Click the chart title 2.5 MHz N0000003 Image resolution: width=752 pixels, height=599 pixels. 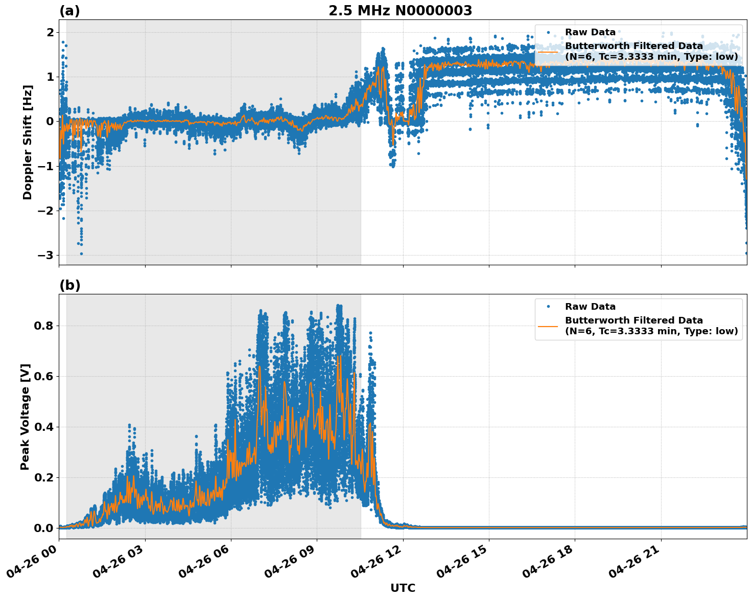click(x=400, y=11)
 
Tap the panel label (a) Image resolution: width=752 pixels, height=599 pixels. click(x=69, y=11)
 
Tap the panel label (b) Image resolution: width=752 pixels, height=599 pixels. click(x=69, y=285)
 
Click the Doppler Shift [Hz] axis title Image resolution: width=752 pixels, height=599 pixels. click(x=28, y=142)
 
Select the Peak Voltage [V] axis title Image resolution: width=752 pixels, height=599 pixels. click(x=25, y=417)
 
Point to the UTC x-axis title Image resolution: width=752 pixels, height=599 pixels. click(x=403, y=588)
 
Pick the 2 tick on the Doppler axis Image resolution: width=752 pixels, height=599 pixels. click(x=50, y=33)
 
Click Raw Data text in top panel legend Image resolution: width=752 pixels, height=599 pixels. click(x=590, y=32)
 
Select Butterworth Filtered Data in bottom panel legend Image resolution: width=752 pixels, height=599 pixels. click(x=633, y=320)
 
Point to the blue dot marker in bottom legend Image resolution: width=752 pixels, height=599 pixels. click(x=548, y=307)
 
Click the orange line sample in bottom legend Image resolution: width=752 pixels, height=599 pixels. click(x=548, y=326)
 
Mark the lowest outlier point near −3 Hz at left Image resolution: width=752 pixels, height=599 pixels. click(x=81, y=254)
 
